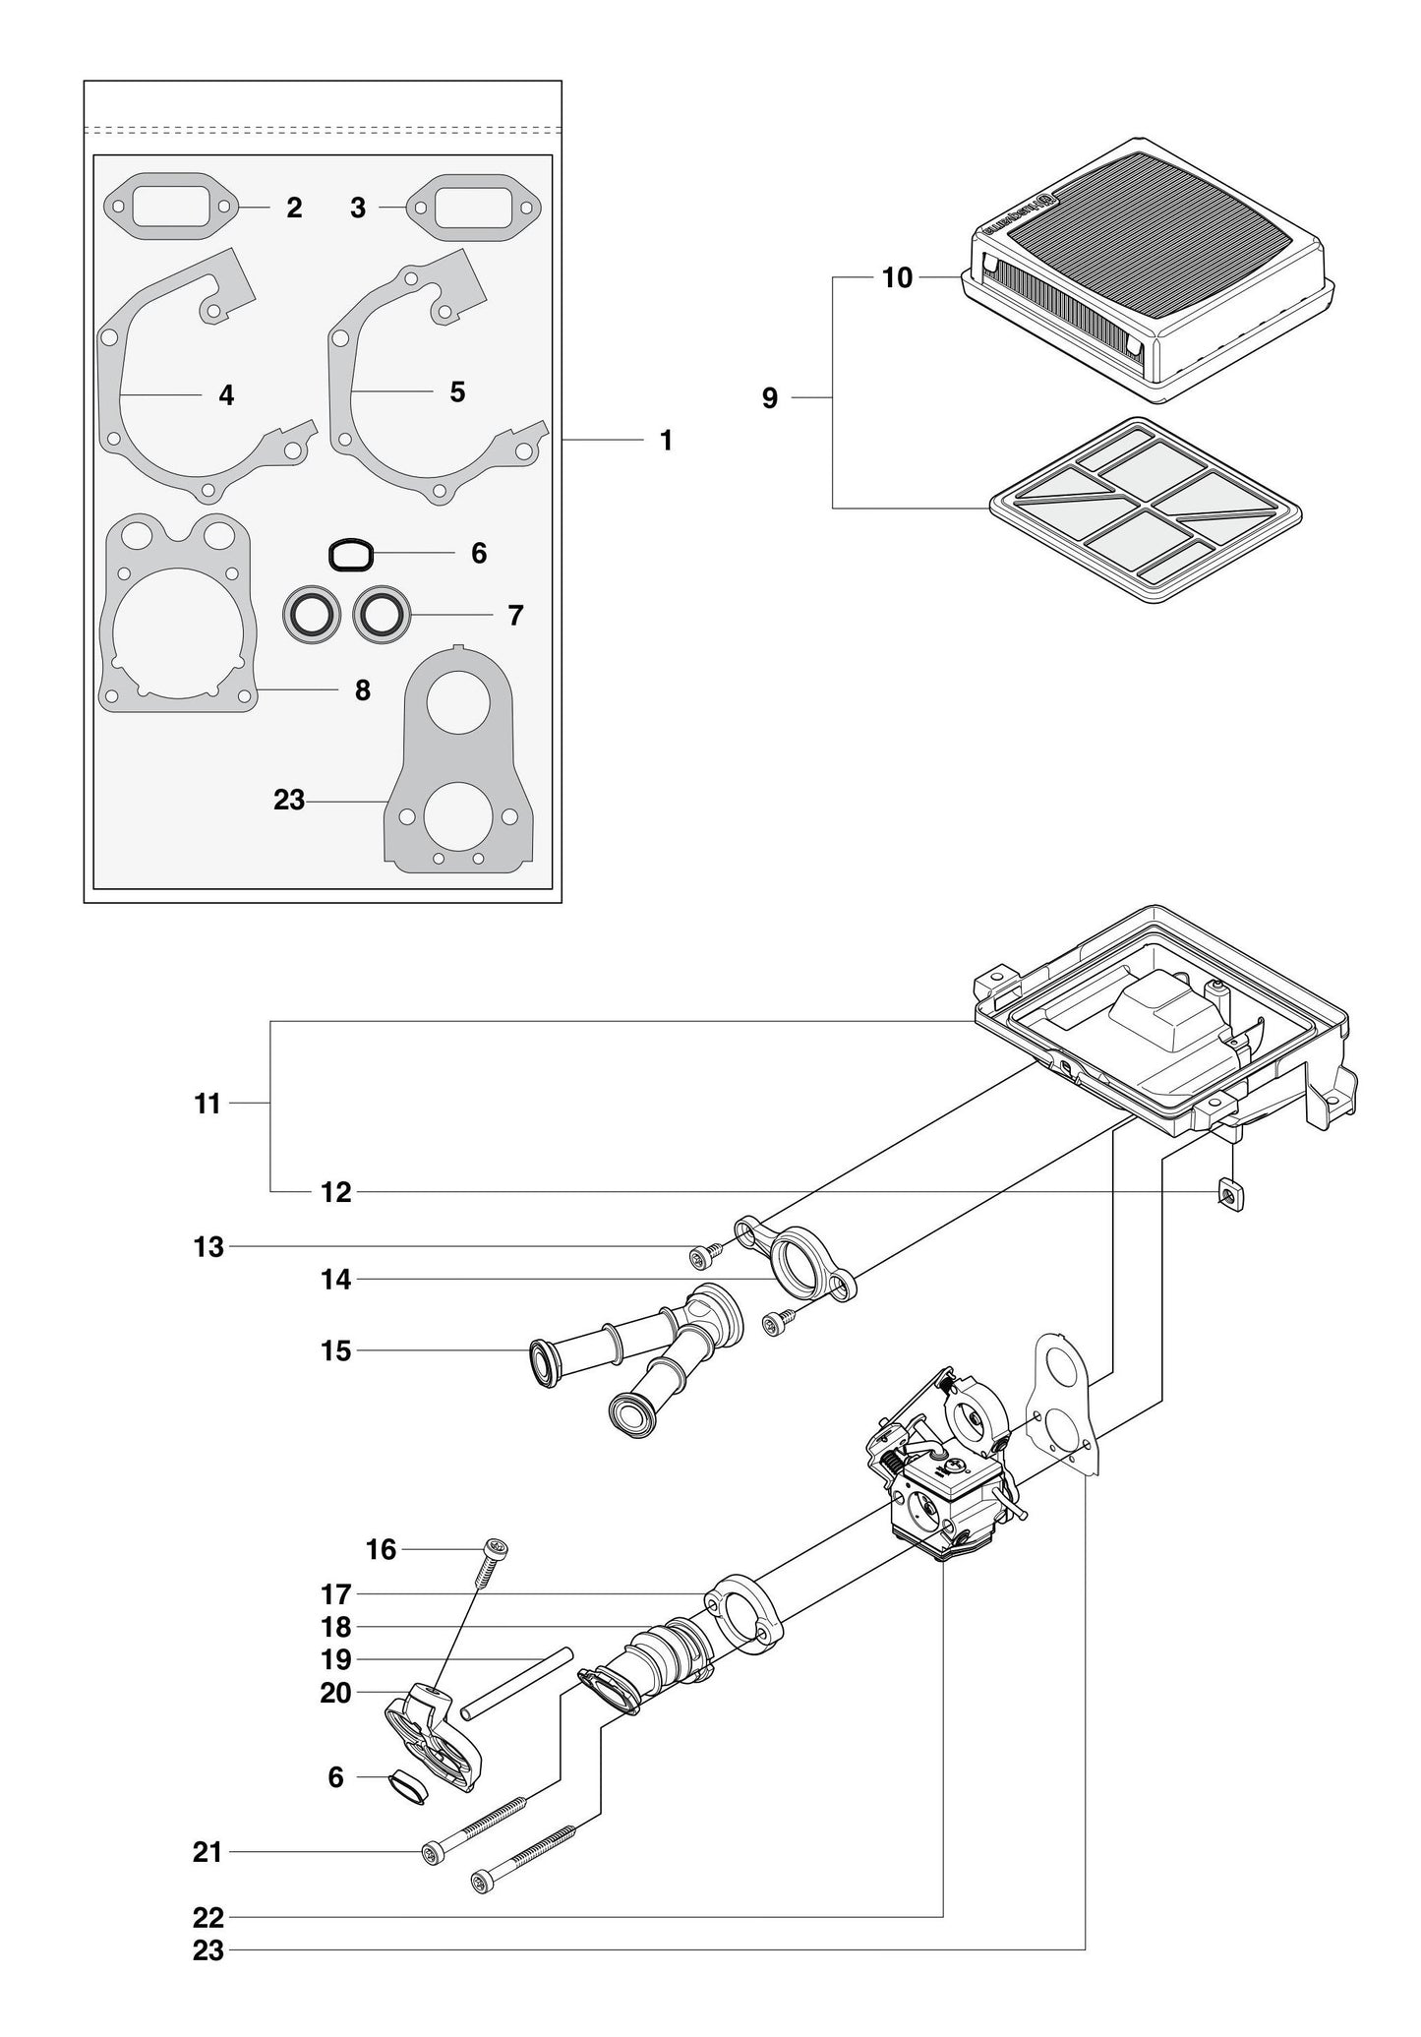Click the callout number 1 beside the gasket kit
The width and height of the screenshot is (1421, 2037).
666,441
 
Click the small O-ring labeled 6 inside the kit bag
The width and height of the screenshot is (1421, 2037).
350,555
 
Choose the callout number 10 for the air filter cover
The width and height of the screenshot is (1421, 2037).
898,278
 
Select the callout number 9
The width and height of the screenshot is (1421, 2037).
770,397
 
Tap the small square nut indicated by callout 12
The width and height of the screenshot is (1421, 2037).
1230,1194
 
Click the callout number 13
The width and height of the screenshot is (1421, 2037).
208,1247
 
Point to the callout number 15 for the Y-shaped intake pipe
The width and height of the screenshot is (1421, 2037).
336,1350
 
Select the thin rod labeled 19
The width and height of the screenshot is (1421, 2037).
517,1683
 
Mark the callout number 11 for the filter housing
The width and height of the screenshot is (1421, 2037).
207,1104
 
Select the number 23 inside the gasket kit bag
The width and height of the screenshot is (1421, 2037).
289,800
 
